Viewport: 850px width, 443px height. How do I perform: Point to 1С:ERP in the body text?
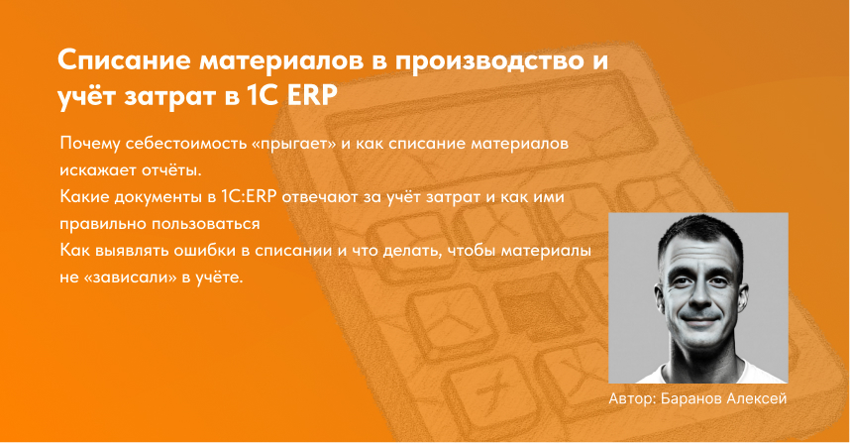point(266,197)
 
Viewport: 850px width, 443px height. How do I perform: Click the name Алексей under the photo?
point(760,398)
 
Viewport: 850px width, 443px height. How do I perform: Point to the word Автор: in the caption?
point(634,398)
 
